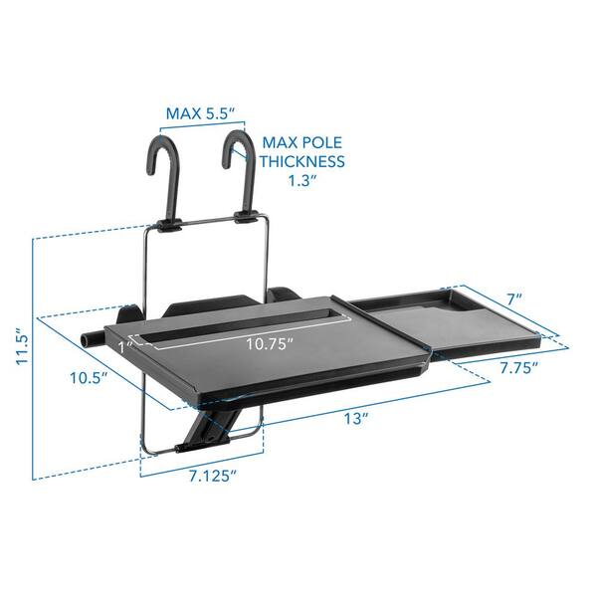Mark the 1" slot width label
click(123, 347)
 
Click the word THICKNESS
click(303, 161)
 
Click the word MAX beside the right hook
click(282, 140)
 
